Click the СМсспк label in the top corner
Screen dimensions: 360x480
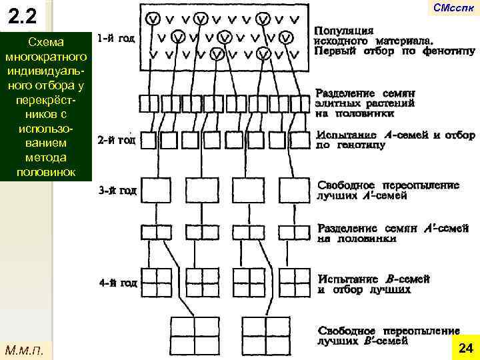coord(453,8)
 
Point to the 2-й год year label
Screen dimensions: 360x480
coord(117,141)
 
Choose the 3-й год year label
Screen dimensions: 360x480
coord(117,191)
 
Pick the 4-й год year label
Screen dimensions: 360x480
coord(117,283)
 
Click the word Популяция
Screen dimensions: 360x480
coord(343,31)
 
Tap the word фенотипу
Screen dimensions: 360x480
coord(448,51)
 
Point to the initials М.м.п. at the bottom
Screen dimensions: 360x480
coord(24,349)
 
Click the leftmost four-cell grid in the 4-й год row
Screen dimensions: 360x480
coord(155,283)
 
